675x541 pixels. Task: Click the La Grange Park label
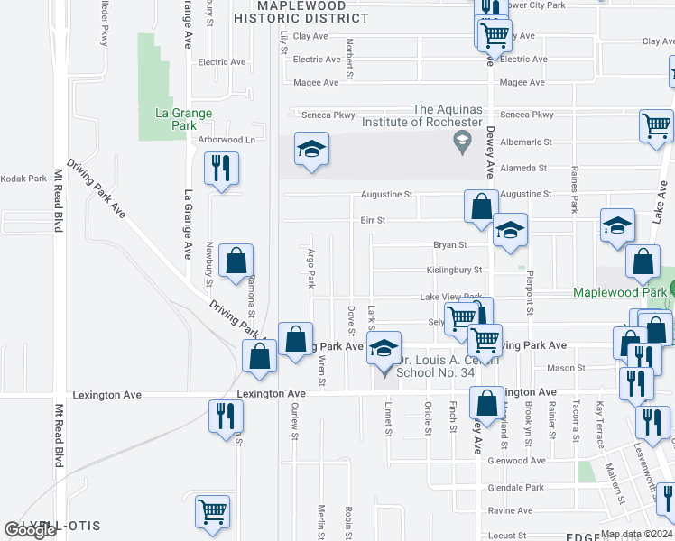pos(183,120)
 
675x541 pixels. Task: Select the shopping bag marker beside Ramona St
pos(236,261)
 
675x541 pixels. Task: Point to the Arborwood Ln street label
pos(227,140)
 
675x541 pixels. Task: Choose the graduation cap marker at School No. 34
pos(384,349)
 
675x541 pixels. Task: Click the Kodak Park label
pos(24,179)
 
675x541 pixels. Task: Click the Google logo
pos(30,531)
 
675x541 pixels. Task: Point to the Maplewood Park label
pos(619,293)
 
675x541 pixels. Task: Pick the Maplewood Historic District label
pos(301,12)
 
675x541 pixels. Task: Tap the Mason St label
pos(566,368)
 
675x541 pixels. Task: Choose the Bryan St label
pos(449,244)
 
